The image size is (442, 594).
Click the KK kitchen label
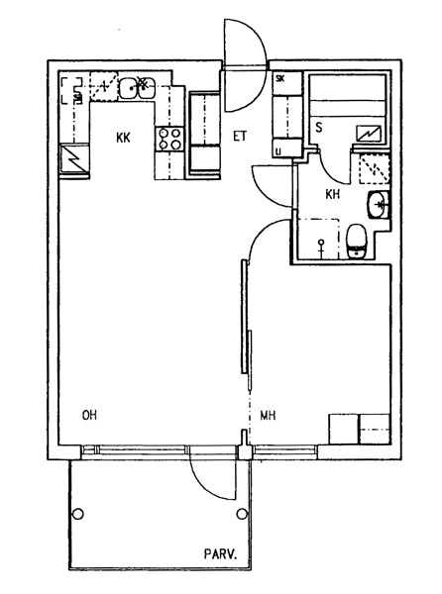123,138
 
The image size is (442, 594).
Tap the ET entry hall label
240,136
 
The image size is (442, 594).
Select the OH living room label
90,415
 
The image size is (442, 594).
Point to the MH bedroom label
268,416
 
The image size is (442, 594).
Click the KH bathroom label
332,195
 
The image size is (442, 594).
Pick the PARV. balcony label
221,554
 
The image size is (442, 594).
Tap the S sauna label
319,128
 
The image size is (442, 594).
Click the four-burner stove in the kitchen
169,139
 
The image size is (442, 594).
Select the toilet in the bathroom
357,242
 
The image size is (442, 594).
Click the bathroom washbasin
378,205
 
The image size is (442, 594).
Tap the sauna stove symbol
369,134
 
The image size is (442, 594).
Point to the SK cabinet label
280,79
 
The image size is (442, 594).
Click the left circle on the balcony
78,514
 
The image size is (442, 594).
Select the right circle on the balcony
242,514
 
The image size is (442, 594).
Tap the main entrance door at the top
244,67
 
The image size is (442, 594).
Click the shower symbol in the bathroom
321,247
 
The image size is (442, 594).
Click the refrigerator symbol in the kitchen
75,160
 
